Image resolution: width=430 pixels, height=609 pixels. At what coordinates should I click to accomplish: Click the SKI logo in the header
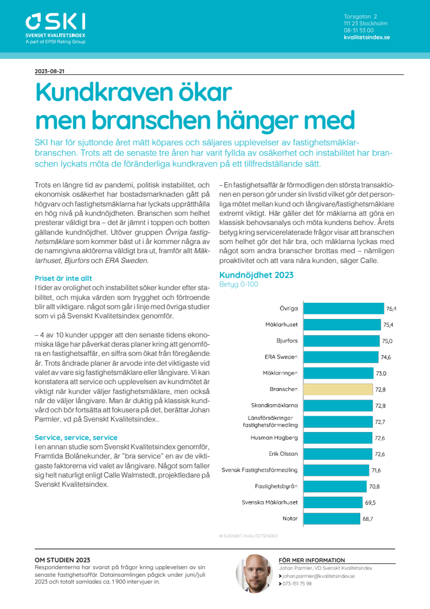click(55, 28)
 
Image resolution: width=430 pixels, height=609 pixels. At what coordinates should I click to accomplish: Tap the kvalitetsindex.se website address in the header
click(367, 37)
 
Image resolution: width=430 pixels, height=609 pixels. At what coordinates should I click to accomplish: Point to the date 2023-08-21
click(50, 72)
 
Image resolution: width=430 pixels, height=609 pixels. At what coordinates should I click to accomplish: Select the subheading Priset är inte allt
click(63, 279)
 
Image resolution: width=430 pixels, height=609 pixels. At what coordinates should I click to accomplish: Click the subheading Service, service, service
click(76, 437)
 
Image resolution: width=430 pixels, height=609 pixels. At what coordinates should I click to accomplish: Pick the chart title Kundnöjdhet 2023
click(257, 275)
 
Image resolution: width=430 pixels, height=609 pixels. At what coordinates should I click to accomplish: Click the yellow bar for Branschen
click(338, 389)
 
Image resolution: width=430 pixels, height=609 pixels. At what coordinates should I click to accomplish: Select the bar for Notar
click(332, 518)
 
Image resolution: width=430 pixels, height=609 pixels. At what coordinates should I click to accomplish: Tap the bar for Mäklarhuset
click(342, 325)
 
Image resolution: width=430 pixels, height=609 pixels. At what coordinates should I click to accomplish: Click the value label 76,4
click(391, 309)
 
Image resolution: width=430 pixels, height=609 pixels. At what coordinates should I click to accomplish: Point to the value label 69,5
click(370, 502)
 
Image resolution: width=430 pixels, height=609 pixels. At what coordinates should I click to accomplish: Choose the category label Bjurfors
click(287, 341)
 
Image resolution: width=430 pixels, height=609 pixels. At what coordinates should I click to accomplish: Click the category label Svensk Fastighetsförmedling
click(259, 470)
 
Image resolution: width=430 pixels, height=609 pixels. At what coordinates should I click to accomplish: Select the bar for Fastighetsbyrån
click(335, 486)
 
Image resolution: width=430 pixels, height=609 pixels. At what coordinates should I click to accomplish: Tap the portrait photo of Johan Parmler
click(254, 573)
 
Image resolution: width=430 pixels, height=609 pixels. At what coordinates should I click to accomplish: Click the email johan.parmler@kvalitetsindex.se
click(319, 576)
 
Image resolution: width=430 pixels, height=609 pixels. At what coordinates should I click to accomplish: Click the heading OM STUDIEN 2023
click(62, 560)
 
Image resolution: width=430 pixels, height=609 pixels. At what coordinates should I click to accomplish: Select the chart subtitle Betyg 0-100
click(239, 284)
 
